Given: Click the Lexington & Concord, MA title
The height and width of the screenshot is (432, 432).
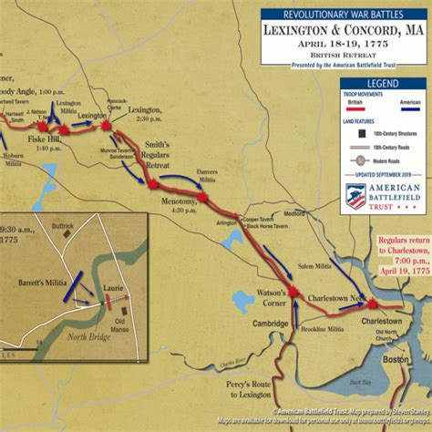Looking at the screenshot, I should pos(343,29).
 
